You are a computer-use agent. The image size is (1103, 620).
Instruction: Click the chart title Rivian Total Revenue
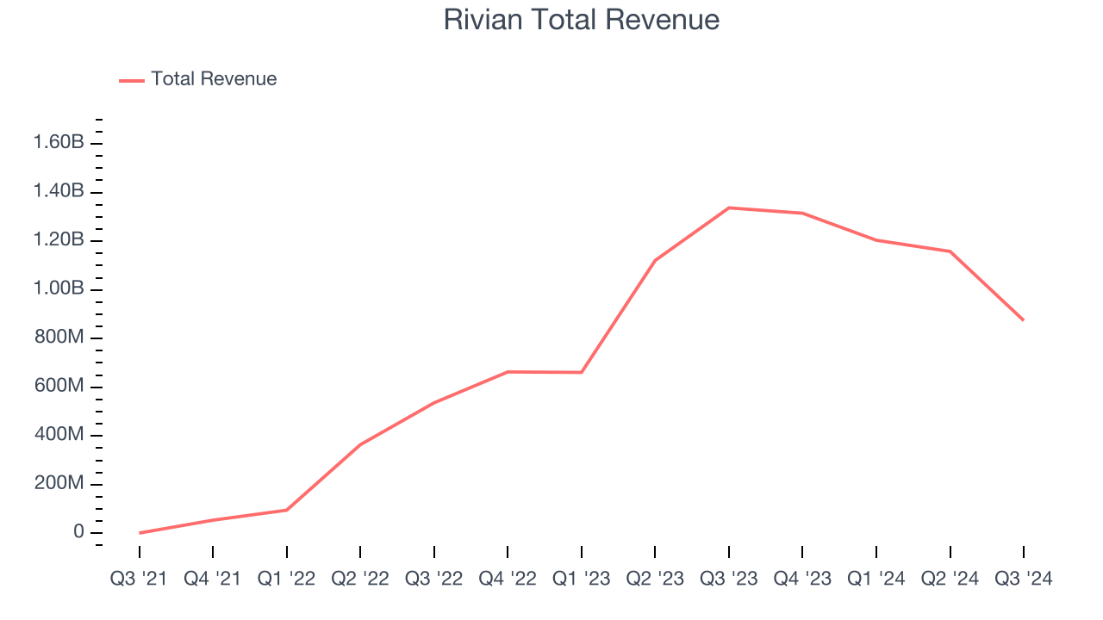click(582, 20)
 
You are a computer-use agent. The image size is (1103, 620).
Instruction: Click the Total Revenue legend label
click(214, 79)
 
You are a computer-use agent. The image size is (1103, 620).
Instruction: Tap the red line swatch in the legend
click(132, 80)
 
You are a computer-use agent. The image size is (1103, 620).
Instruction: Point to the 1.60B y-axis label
click(59, 142)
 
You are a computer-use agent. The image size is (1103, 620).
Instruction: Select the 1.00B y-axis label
click(59, 288)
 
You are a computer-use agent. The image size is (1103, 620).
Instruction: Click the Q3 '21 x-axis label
click(140, 579)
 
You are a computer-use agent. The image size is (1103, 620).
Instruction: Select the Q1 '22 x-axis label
click(287, 579)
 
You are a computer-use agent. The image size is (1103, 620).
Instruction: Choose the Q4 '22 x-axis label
click(508, 579)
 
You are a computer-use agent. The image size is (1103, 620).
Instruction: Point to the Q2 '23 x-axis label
click(655, 579)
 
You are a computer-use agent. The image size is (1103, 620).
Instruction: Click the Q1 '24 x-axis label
click(876, 579)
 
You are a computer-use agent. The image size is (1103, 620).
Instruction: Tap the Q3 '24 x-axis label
click(1024, 579)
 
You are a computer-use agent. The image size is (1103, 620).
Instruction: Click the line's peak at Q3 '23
click(729, 208)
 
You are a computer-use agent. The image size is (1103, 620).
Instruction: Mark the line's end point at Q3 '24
click(1024, 320)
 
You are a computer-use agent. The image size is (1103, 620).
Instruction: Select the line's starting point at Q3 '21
click(140, 533)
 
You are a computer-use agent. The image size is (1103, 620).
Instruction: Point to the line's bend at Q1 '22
click(287, 510)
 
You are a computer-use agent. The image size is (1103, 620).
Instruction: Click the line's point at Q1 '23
click(582, 372)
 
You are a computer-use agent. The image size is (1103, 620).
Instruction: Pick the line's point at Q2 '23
click(655, 260)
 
